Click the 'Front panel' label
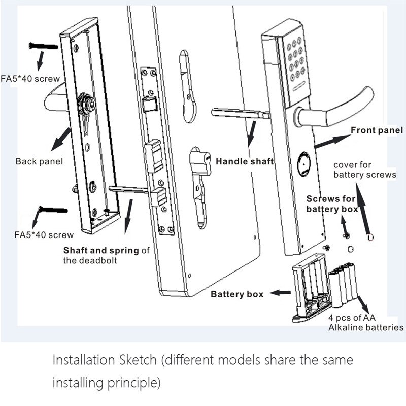click(377, 130)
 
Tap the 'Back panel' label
click(39, 162)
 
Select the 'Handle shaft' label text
click(245, 161)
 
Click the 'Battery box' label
click(237, 294)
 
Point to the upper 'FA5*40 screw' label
click(30, 79)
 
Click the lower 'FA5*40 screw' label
click(44, 235)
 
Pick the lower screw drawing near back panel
click(53, 209)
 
